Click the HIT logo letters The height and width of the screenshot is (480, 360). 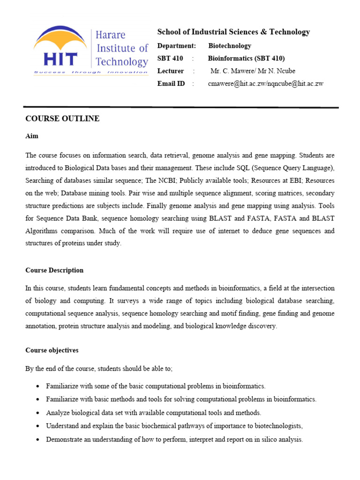[60, 59]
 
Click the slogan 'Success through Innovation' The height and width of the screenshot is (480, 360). [90, 72]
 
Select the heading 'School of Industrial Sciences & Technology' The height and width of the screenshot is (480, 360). [233, 32]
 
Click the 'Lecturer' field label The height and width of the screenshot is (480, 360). [171, 71]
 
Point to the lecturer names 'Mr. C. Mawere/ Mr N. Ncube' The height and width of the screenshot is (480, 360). [253, 71]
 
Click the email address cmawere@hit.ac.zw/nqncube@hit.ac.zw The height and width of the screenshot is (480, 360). [265, 83]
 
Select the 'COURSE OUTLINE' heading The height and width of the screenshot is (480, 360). [62, 119]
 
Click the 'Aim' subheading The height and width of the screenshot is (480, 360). [32, 136]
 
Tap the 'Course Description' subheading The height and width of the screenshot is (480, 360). [54, 270]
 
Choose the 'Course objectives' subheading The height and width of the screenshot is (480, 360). [52, 350]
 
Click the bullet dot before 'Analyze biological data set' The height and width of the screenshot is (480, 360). [37, 413]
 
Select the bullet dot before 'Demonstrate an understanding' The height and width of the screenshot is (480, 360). [37, 440]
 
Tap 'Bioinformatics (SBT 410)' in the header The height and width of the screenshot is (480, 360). [246, 58]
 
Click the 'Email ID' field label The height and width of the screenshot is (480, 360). [171, 83]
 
